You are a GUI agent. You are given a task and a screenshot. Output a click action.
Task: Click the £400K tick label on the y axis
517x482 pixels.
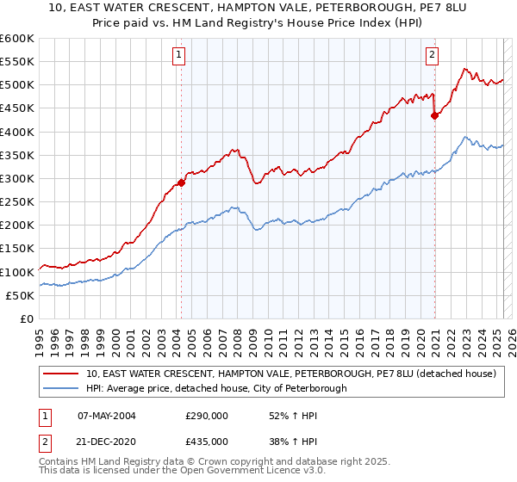17,132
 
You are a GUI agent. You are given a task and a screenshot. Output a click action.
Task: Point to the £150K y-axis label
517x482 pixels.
17,249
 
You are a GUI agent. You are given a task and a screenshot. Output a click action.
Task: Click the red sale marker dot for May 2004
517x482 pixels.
182,182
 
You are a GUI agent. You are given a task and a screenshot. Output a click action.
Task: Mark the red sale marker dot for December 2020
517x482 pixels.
434,116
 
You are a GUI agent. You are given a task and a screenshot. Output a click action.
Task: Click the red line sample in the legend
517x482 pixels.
60,374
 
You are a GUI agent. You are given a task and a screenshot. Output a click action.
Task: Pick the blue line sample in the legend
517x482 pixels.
60,389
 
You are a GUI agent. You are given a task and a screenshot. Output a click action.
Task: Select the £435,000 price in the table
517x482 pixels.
207,441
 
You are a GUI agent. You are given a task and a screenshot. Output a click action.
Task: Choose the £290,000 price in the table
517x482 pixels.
207,416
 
